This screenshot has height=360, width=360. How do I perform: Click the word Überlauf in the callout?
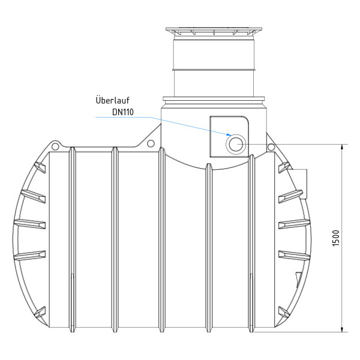[112, 100]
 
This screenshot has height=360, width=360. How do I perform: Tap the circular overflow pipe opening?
[235, 144]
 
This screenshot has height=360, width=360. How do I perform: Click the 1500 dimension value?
[336, 239]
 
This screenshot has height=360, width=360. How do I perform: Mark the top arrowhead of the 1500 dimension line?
[342, 148]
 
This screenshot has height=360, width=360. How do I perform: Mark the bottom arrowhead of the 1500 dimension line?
[342, 328]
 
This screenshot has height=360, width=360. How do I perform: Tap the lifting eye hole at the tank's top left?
[55, 146]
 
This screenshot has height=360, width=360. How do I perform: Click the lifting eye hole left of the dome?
[151, 144]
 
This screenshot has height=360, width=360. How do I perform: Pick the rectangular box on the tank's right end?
[298, 182]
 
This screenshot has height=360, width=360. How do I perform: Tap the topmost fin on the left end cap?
[41, 165]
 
